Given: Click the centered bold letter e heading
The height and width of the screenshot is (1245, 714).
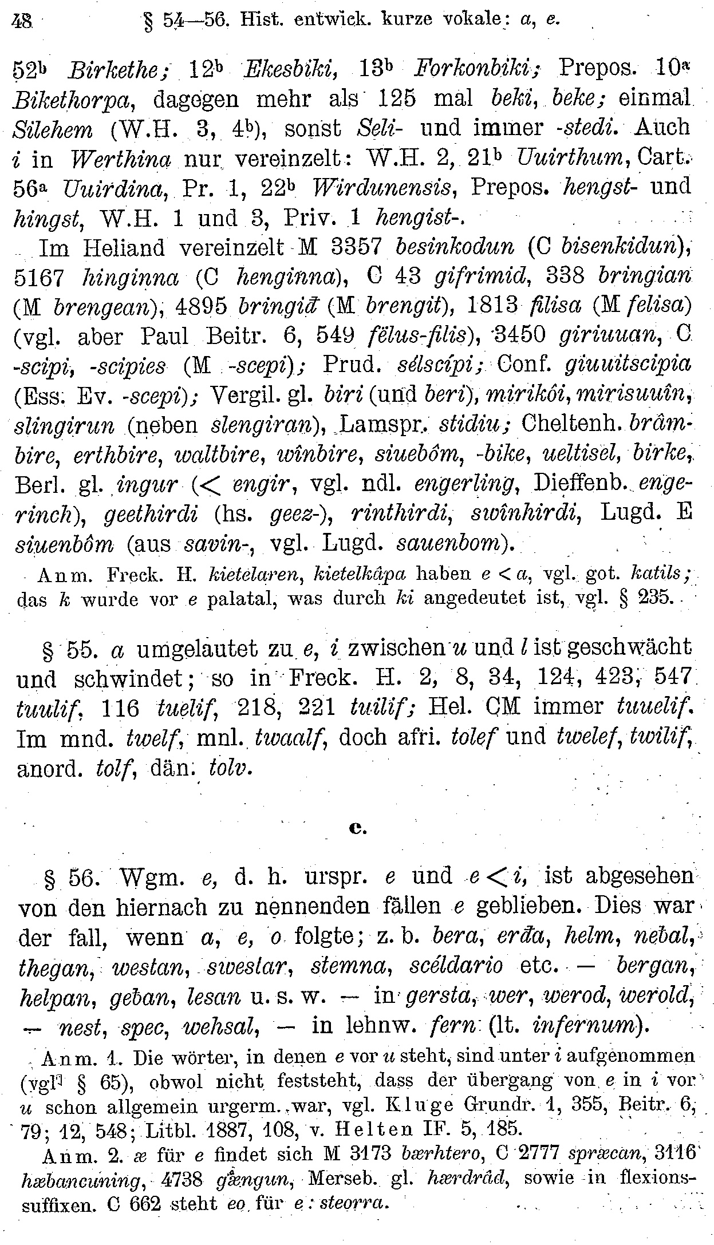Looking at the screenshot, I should pyautogui.click(x=356, y=827).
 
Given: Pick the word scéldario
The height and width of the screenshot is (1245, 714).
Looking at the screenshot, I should pyautogui.click(x=456, y=966).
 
